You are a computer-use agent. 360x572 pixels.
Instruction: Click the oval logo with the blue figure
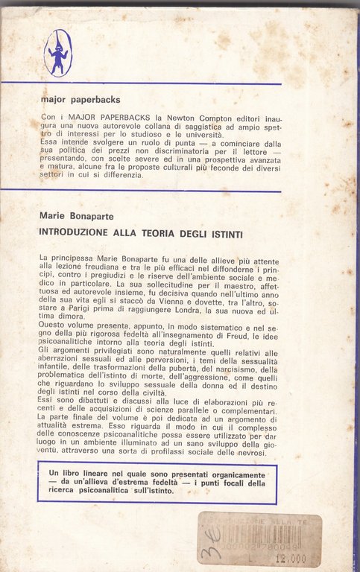tap(57, 53)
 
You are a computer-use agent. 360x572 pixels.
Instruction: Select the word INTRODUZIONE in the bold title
tap(80, 233)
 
